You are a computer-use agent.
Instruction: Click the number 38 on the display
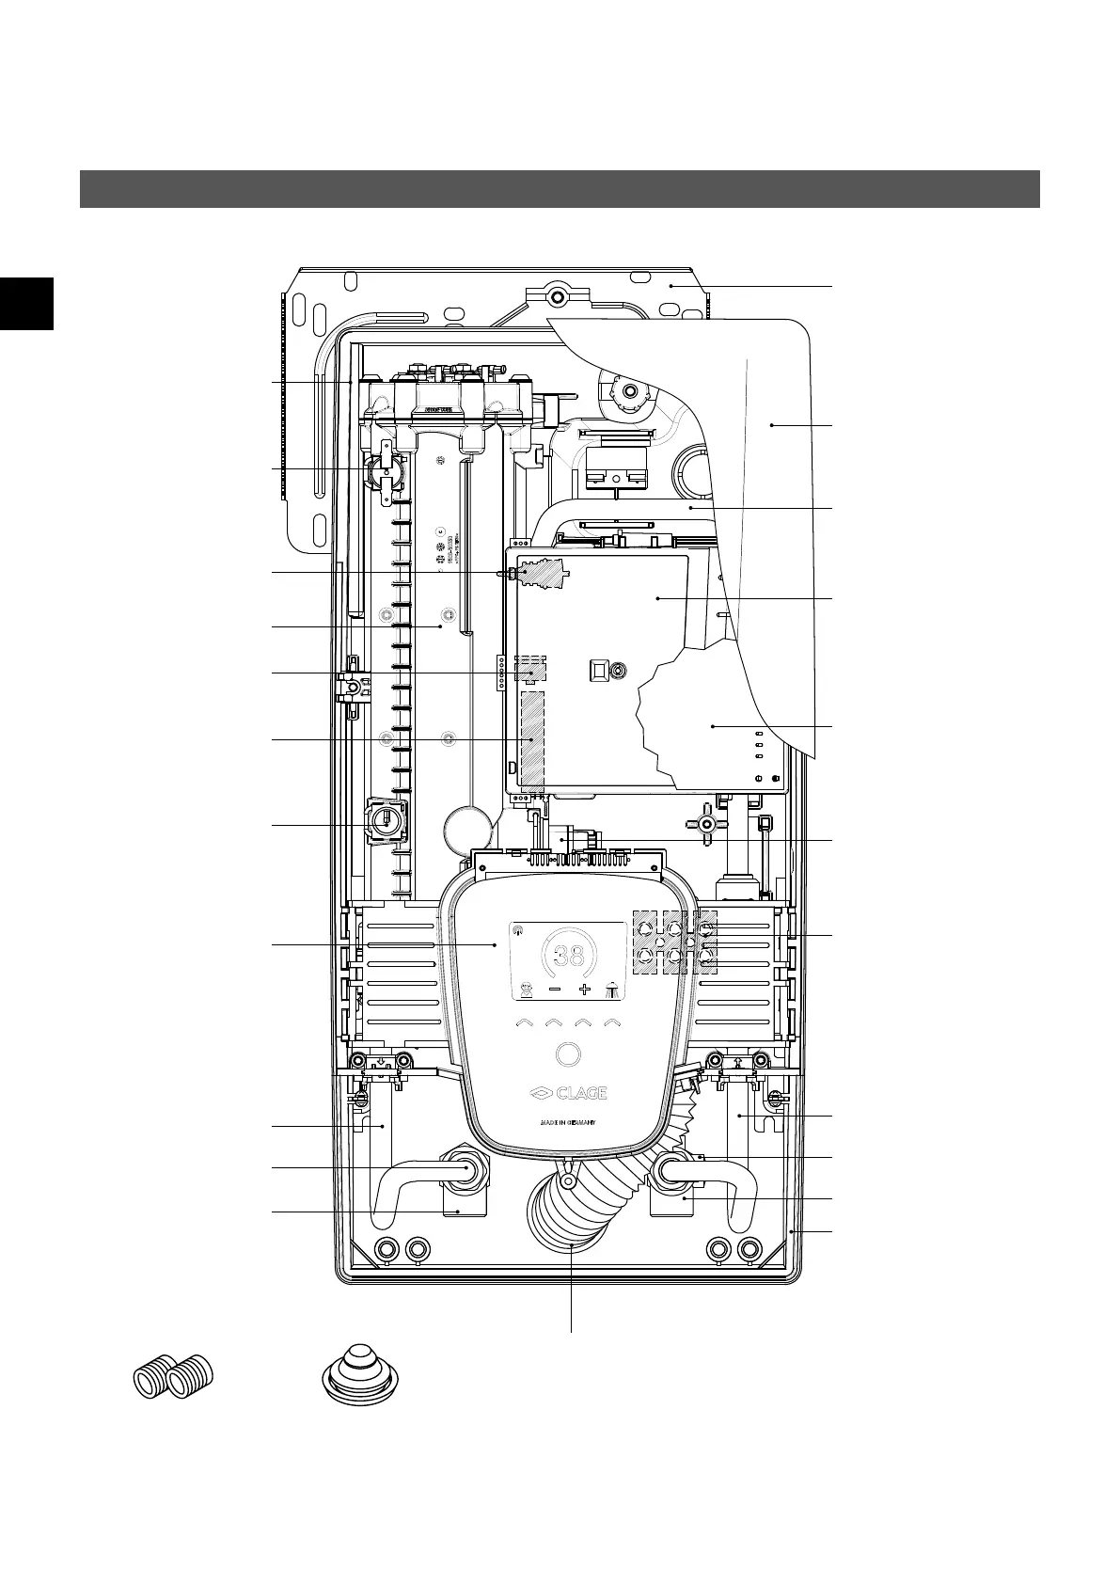[x=569, y=957]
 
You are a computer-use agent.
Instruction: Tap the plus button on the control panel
[x=585, y=990]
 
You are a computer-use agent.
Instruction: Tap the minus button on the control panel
[x=555, y=990]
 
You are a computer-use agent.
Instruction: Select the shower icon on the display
[x=612, y=990]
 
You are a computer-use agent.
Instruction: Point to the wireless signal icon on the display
[x=517, y=929]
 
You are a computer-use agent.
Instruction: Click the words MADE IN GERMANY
[x=567, y=1123]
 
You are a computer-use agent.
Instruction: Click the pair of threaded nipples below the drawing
[x=174, y=1380]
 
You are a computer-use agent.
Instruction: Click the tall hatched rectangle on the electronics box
[x=532, y=739]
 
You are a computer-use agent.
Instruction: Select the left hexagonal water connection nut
[x=465, y=1169]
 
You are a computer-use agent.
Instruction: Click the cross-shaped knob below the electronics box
[x=707, y=823]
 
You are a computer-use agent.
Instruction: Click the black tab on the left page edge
[x=26, y=303]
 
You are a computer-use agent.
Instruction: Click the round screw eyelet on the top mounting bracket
[x=557, y=295]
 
